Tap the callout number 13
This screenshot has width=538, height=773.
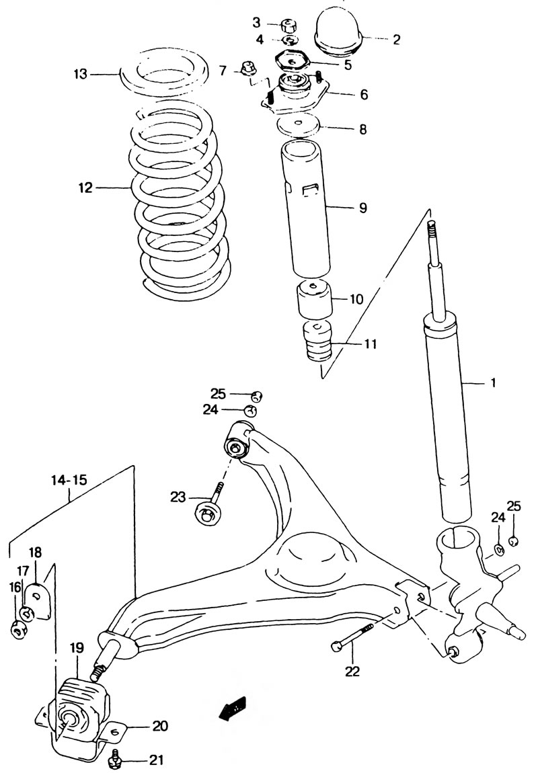pos(81,75)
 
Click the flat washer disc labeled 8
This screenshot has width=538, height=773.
pos(299,127)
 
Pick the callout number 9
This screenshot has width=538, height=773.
pos(363,208)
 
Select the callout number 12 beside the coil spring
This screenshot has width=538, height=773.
pos(85,188)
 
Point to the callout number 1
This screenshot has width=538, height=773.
pos(493,382)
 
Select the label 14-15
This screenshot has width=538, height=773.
pos(69,480)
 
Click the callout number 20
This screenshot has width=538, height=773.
pos(160,726)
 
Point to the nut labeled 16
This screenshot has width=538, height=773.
pos(19,630)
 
